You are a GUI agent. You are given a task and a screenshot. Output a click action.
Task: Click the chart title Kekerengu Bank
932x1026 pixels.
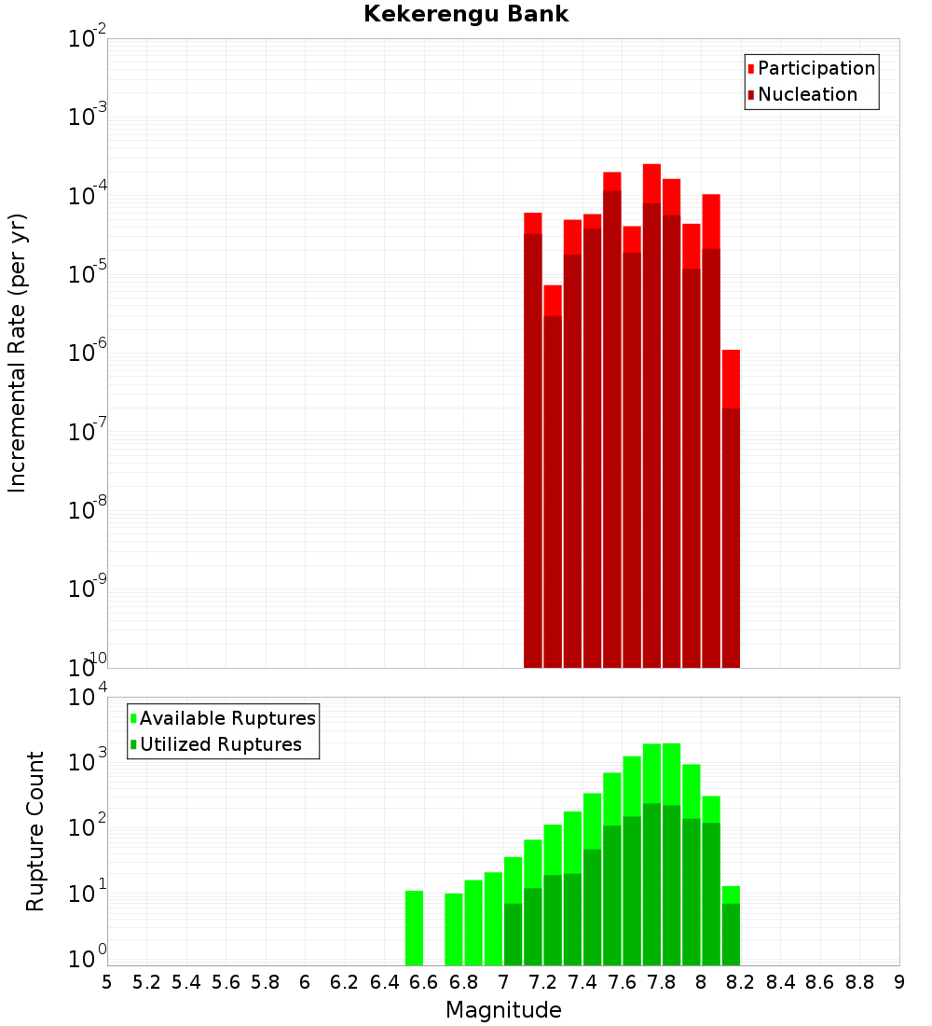(x=465, y=14)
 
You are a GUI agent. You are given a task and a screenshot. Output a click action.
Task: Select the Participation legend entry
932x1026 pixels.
(x=815, y=68)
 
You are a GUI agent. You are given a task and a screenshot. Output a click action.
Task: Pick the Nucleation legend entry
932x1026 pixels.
(x=806, y=94)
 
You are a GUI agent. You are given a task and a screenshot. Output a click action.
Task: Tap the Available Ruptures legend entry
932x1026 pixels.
(x=226, y=718)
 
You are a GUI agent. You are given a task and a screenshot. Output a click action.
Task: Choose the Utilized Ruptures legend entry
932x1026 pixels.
(x=219, y=744)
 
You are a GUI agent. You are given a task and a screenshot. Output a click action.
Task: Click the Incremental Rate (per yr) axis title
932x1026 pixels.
(x=18, y=353)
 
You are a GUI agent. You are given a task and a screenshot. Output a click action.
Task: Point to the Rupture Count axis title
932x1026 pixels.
(x=35, y=830)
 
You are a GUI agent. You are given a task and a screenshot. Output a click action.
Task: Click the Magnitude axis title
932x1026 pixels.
(x=503, y=1010)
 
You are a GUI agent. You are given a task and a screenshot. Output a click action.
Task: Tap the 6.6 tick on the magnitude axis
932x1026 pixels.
(x=424, y=982)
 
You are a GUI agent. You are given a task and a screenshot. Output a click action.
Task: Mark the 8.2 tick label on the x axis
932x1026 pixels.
(x=741, y=982)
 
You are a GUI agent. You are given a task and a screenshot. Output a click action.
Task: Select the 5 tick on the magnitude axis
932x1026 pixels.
(x=107, y=982)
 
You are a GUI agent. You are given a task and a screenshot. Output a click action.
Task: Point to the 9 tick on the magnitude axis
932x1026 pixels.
(x=899, y=982)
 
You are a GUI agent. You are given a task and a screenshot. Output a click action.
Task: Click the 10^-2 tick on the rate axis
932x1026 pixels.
(x=86, y=40)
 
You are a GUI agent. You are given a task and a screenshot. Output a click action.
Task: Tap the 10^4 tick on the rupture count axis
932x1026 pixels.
(x=86, y=699)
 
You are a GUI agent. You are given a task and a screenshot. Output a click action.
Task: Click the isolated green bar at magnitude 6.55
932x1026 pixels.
(x=414, y=927)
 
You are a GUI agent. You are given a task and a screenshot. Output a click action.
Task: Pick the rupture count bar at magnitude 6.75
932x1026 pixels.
(x=454, y=929)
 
